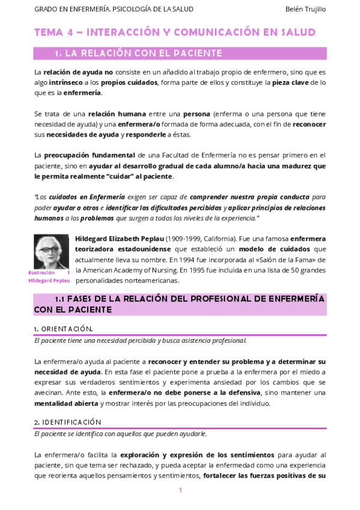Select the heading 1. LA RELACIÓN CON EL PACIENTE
click(x=138, y=54)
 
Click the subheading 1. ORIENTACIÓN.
click(x=63, y=329)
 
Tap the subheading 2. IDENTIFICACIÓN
click(x=67, y=422)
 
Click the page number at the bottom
click(x=180, y=490)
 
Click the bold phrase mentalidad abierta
click(x=63, y=403)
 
